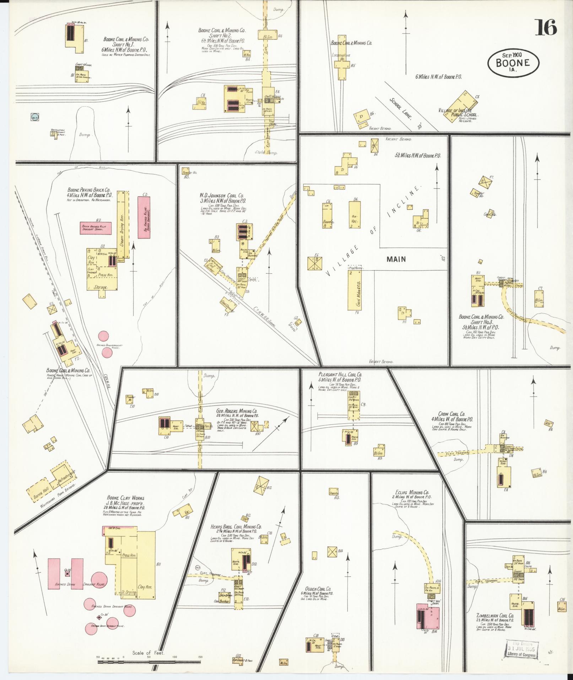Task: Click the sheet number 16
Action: point(546,27)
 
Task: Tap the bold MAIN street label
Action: point(396,259)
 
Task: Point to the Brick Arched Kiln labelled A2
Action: point(96,228)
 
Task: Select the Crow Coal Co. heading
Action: point(452,414)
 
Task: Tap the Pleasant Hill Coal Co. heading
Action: point(340,374)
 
